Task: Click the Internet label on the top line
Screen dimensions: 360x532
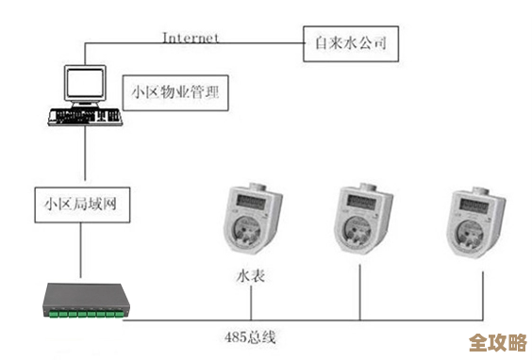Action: (191, 38)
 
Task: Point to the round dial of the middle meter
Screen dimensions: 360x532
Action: (362, 229)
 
